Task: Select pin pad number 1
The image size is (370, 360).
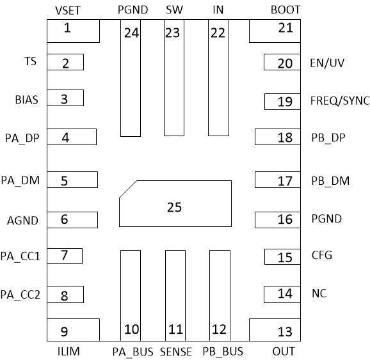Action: pyautogui.click(x=72, y=30)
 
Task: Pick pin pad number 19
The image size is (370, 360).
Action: pyautogui.click(x=280, y=101)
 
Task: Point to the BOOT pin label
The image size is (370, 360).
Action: pyautogui.click(x=285, y=10)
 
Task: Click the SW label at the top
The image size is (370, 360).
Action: pyautogui.click(x=173, y=10)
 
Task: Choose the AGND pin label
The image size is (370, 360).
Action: pyautogui.click(x=22, y=221)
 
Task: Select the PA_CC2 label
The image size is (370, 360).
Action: pyautogui.click(x=20, y=295)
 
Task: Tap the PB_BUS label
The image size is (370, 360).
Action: pyautogui.click(x=223, y=351)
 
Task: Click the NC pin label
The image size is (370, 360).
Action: pyautogui.click(x=319, y=293)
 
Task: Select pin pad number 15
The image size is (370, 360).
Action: pyautogui.click(x=281, y=256)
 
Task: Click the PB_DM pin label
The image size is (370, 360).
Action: pyautogui.click(x=330, y=181)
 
